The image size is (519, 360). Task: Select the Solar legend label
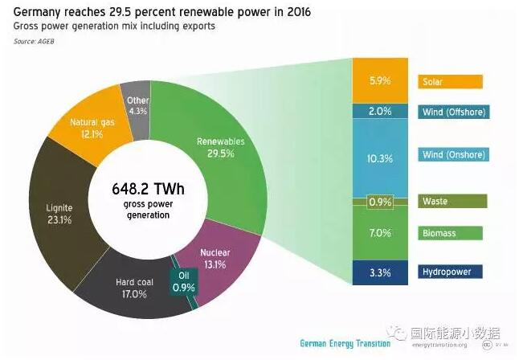pos(450,82)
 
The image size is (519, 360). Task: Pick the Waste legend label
pos(450,201)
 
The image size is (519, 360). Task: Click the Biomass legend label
pos(450,233)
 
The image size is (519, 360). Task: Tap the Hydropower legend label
pos(450,272)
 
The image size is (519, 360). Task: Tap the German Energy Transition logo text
pos(345,343)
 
